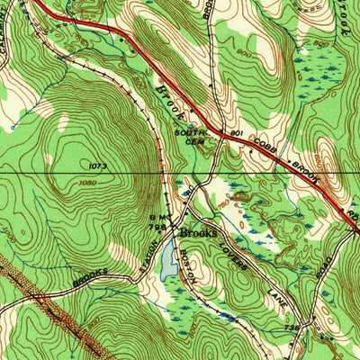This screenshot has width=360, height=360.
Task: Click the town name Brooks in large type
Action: coord(197,233)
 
